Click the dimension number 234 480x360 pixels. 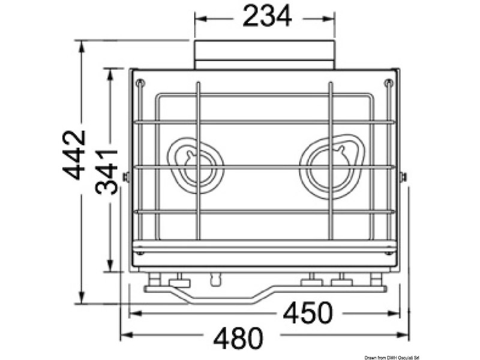pos(267,16)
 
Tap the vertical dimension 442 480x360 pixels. pos(75,154)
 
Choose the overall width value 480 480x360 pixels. pos(238,339)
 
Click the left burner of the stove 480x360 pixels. pos(197,166)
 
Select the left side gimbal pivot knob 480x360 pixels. pos(125,177)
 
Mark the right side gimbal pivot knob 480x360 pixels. pos(403,177)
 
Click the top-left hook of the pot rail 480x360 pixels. pos(139,83)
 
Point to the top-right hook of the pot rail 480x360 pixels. pos(388,83)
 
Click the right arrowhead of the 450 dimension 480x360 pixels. pos(396,313)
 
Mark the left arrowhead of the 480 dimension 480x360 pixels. pos(125,338)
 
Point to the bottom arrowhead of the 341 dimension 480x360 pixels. pos(109,268)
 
